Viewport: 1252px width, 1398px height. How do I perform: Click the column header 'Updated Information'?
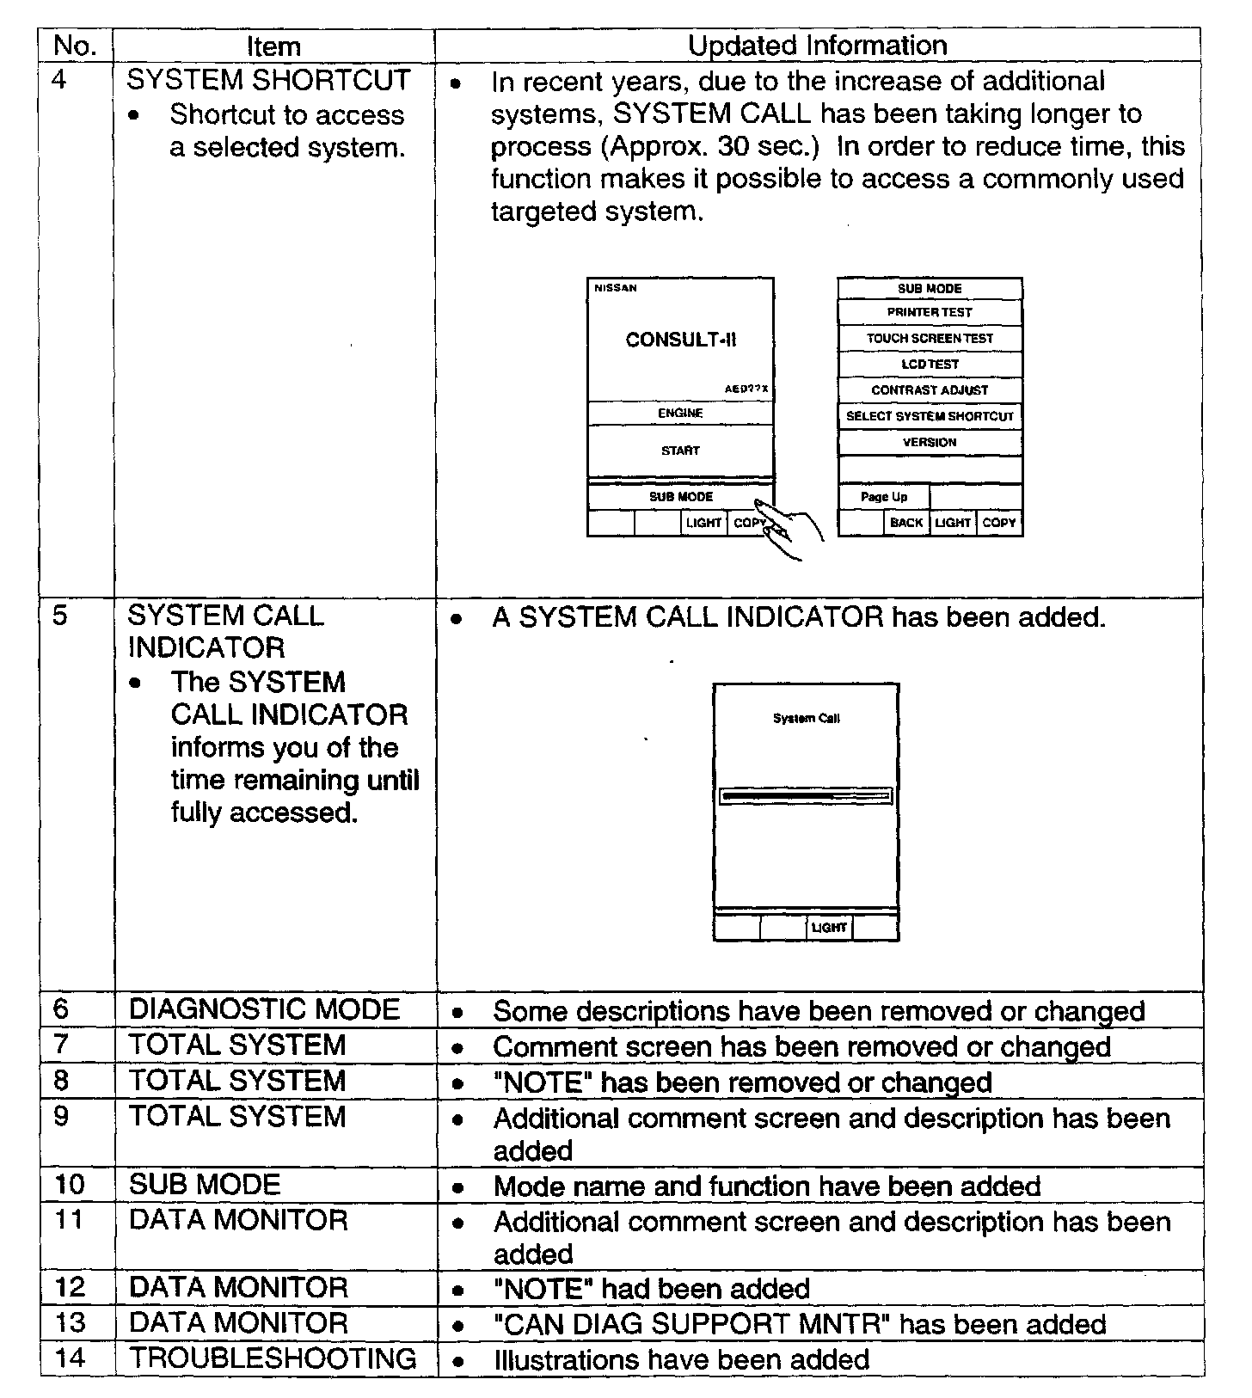tap(817, 46)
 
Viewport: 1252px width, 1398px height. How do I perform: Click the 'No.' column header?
tap(76, 46)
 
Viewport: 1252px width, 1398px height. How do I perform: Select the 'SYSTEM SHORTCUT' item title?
tap(268, 80)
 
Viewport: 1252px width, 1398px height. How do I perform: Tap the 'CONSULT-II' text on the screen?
tap(680, 340)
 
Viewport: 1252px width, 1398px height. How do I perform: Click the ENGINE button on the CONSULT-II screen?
tap(680, 414)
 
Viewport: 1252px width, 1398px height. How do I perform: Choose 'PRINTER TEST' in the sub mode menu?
tap(930, 312)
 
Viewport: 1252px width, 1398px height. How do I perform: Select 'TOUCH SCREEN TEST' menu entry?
tap(930, 338)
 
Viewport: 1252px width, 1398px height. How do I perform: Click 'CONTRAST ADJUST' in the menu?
tap(930, 390)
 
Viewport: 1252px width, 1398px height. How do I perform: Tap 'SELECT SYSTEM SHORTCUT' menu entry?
tap(930, 416)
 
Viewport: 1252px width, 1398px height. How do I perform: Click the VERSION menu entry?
tap(930, 442)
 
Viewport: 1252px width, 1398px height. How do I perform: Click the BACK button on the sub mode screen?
tap(906, 523)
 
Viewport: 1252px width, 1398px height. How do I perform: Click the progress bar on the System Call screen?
tap(806, 797)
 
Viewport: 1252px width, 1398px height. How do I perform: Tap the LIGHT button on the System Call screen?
tap(829, 928)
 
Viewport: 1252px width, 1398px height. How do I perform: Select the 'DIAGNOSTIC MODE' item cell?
tap(264, 1009)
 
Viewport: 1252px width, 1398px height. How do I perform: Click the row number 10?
tap(70, 1185)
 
